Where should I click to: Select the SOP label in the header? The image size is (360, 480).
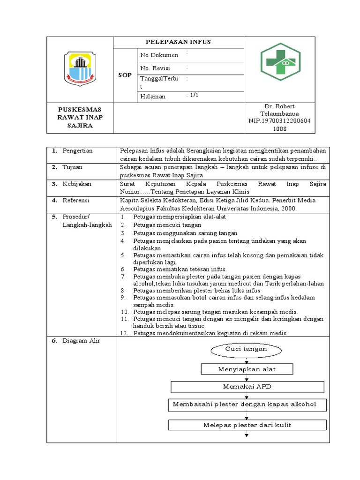coord(125,75)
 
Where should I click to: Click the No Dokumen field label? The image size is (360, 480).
coord(159,55)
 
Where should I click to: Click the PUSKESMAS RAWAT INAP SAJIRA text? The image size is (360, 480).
coord(80,117)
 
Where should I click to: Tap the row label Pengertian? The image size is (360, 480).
coord(78,150)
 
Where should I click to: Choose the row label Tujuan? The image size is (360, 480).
coord(74,167)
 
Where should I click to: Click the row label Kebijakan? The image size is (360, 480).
coord(77,184)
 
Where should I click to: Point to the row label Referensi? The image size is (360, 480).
coord(77,200)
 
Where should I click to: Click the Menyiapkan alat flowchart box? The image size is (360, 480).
coord(247,369)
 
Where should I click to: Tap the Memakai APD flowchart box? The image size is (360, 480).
coord(247,387)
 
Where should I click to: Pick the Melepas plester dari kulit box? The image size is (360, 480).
coord(247,425)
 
